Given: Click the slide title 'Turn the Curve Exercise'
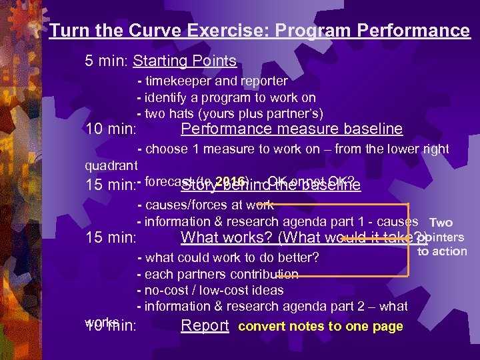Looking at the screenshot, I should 259,31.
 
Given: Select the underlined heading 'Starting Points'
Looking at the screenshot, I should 185,61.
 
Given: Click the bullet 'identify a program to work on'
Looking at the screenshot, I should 226,97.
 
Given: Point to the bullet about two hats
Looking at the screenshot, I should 229,113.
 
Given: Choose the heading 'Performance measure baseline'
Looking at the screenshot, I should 291,129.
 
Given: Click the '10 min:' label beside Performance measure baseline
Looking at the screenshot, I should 111,129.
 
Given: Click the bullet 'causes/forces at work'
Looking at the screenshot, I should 205,205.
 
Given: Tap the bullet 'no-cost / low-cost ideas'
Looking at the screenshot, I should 210,290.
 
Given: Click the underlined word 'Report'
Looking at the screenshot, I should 205,326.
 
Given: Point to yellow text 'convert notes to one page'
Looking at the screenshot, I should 320,327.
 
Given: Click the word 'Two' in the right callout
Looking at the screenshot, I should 441,223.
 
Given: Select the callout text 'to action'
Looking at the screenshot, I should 442,251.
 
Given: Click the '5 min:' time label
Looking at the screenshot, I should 107,61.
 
